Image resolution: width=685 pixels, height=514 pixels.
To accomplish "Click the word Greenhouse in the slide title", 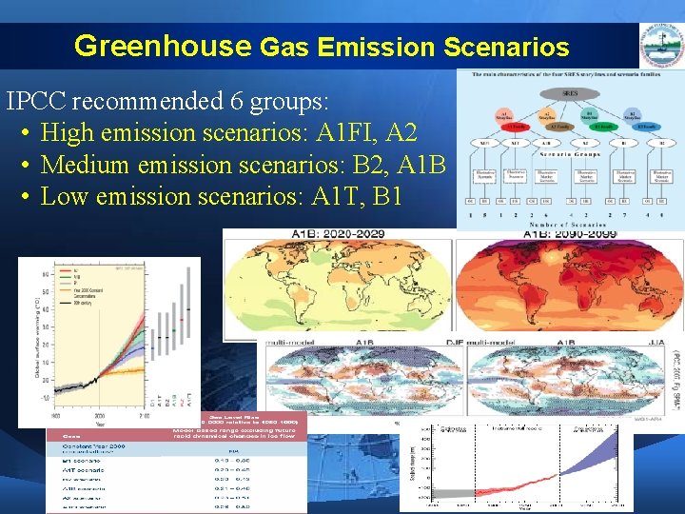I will [162, 46].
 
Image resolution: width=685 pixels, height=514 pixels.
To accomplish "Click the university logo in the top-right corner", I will [661, 46].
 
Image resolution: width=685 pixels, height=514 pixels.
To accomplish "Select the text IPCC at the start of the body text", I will [36, 101].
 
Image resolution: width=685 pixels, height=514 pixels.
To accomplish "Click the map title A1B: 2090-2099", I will [570, 234].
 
